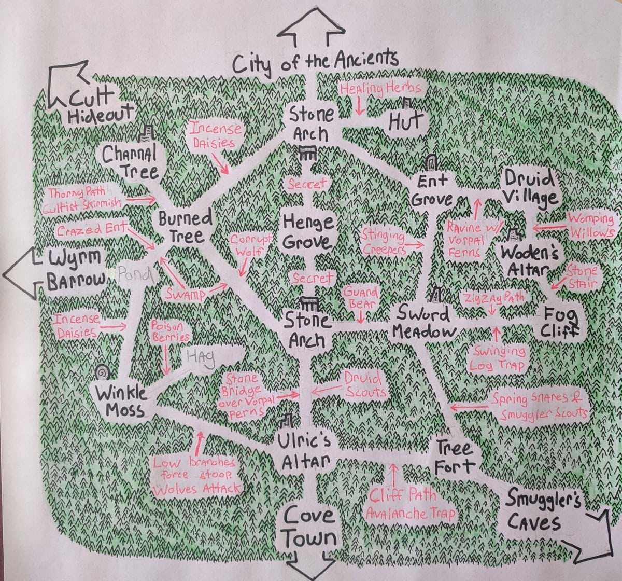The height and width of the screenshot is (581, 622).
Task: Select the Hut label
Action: point(406,122)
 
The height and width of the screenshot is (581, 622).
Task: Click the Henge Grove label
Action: point(308,232)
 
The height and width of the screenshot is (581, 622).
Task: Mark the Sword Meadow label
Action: point(423,322)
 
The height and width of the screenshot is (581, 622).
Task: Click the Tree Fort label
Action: point(455,457)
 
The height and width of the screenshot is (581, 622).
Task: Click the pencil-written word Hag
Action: point(200,358)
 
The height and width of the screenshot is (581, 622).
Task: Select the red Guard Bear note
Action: point(361,298)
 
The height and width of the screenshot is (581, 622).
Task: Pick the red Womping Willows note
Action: point(591,225)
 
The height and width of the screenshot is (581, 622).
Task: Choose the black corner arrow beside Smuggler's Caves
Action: point(591,539)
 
